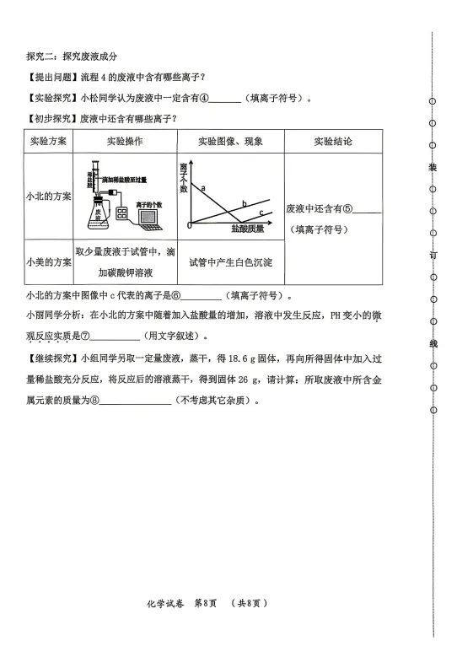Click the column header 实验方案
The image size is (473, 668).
49,141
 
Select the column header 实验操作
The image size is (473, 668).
124,141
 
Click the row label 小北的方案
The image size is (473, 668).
49,196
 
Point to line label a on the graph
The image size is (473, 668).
204,187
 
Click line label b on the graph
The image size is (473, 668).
245,203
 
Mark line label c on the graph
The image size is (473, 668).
261,213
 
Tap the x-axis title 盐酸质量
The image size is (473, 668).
247,229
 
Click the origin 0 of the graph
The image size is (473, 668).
189,226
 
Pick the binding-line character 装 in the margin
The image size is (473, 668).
433,167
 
